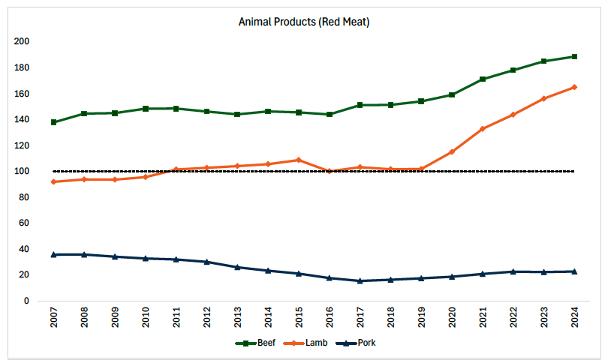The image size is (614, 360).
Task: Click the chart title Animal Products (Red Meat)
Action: pyautogui.click(x=304, y=22)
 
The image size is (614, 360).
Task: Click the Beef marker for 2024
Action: pyautogui.click(x=574, y=56)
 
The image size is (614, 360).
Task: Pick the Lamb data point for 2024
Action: pyautogui.click(x=574, y=87)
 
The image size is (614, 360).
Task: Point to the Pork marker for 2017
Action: pyautogui.click(x=360, y=280)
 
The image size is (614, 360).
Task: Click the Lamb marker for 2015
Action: pyautogui.click(x=299, y=160)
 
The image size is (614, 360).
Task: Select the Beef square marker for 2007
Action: pyautogui.click(x=54, y=122)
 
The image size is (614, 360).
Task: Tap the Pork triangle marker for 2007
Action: pyautogui.click(x=54, y=254)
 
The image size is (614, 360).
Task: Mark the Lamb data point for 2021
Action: pyautogui.click(x=483, y=129)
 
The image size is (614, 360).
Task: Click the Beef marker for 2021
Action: pyautogui.click(x=483, y=79)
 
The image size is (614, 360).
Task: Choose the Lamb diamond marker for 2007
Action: pyautogui.click(x=54, y=181)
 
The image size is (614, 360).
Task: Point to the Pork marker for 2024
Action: pyautogui.click(x=574, y=271)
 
